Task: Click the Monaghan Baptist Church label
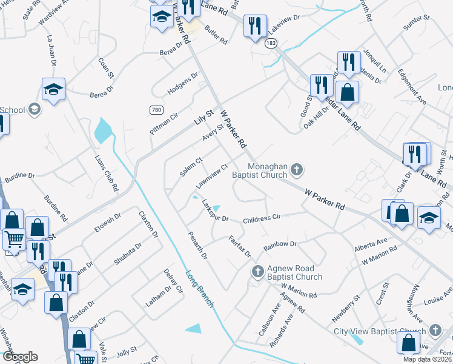262,169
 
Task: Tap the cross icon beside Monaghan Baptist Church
297,169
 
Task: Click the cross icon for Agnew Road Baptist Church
257,271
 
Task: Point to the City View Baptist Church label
380,331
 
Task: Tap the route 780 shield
156,109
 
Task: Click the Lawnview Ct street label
211,176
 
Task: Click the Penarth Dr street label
197,245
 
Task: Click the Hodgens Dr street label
182,84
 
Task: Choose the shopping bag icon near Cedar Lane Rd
347,92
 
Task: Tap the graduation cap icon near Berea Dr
53,89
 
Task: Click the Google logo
20,357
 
